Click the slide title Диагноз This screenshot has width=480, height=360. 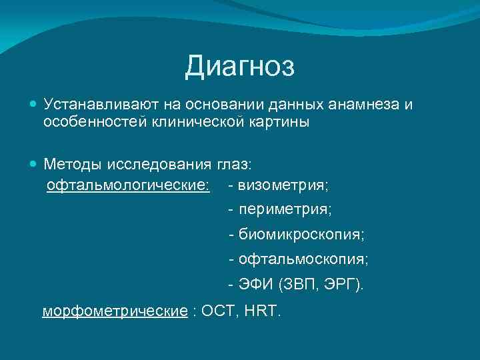[x=240, y=66]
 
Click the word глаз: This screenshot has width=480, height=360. [x=237, y=164]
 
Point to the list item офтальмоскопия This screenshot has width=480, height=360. [x=303, y=259]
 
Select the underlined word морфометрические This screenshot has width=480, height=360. [x=115, y=311]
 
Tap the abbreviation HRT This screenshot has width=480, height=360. [x=265, y=311]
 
